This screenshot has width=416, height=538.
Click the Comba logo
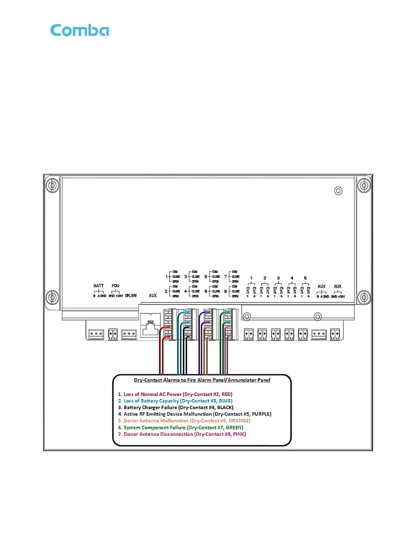tap(80, 31)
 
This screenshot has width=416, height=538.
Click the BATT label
tap(99, 286)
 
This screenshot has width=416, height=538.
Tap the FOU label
tap(116, 286)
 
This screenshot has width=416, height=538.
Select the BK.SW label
tap(131, 295)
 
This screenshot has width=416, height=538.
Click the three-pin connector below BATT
tap(96, 334)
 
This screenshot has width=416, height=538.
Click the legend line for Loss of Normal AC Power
tap(175, 394)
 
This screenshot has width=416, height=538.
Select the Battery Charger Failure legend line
tap(175, 408)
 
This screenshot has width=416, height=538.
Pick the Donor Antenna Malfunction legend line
tap(184, 421)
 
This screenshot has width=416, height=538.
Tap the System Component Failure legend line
tap(180, 428)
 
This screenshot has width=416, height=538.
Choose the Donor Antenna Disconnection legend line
tap(182, 434)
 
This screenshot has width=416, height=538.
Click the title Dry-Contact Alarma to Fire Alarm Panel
tap(202, 380)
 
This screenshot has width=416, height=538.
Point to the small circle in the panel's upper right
tap(338, 191)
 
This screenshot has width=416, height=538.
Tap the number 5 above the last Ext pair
tap(305, 278)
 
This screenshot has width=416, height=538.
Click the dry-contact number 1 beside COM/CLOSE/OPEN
tap(167, 276)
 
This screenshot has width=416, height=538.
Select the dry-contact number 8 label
tap(225, 291)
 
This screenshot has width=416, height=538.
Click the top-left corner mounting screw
tap(52, 185)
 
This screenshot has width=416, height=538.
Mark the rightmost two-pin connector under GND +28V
tap(335, 334)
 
